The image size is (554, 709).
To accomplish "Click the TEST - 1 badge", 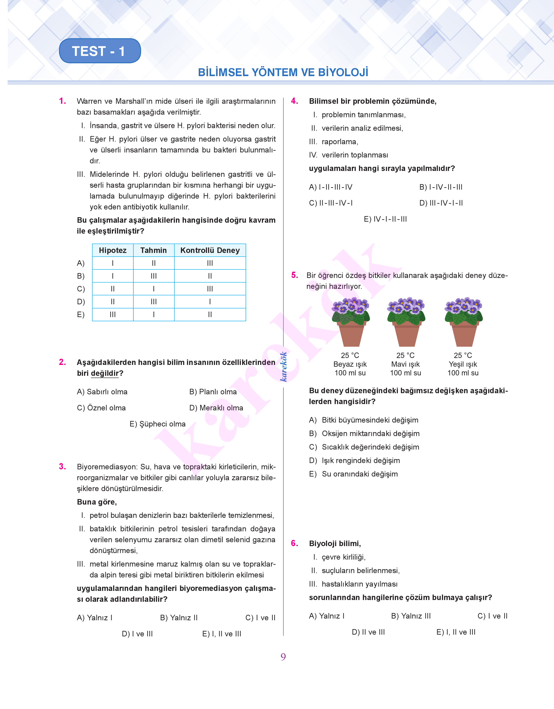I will click(100, 51).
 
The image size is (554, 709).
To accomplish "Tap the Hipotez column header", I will click(112, 250).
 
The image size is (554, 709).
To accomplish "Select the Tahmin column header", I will click(153, 250).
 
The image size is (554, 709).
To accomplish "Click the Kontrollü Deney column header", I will click(210, 250).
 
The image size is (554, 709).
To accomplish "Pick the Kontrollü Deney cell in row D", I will click(210, 302).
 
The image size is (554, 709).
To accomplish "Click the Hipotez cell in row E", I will click(112, 314).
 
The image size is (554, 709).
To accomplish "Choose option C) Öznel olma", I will click(101, 408).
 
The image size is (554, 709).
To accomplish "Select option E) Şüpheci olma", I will click(158, 424).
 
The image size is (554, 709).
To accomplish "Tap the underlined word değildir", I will click(105, 373).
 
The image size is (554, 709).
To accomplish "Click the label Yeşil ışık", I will click(463, 364).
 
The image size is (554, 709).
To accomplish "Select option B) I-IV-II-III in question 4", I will click(441, 187).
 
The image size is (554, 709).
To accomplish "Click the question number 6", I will click(294, 543).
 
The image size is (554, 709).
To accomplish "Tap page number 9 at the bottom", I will click(283, 657).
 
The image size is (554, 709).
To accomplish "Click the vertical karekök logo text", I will click(283, 367).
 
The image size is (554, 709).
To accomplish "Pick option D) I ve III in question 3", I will click(137, 634).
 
